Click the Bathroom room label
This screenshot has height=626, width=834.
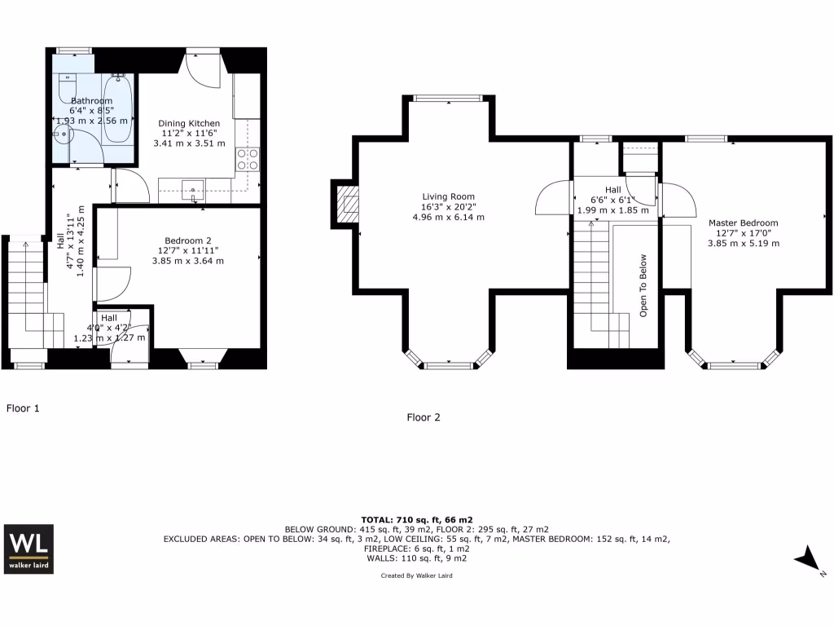pyautogui.click(x=91, y=100)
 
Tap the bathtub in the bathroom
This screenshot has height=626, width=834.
pyautogui.click(x=119, y=108)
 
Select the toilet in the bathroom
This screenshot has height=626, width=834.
pyautogui.click(x=67, y=85)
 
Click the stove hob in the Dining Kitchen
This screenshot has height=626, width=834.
pyautogui.click(x=248, y=159)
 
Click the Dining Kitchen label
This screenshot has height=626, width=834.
pyautogui.click(x=188, y=123)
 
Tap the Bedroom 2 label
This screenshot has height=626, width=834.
pyautogui.click(x=187, y=240)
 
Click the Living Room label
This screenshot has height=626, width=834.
pyautogui.click(x=448, y=196)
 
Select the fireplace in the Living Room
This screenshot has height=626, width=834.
pyautogui.click(x=346, y=203)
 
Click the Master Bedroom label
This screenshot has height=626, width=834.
pyautogui.click(x=743, y=223)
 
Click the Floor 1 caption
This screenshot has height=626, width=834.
pyautogui.click(x=23, y=408)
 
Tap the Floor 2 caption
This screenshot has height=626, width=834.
pyautogui.click(x=424, y=417)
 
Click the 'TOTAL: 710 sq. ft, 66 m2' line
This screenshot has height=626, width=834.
pyautogui.click(x=416, y=519)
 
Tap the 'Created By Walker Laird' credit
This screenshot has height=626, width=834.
pyautogui.click(x=416, y=575)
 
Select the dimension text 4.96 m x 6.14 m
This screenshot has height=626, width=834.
pyautogui.click(x=448, y=218)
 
